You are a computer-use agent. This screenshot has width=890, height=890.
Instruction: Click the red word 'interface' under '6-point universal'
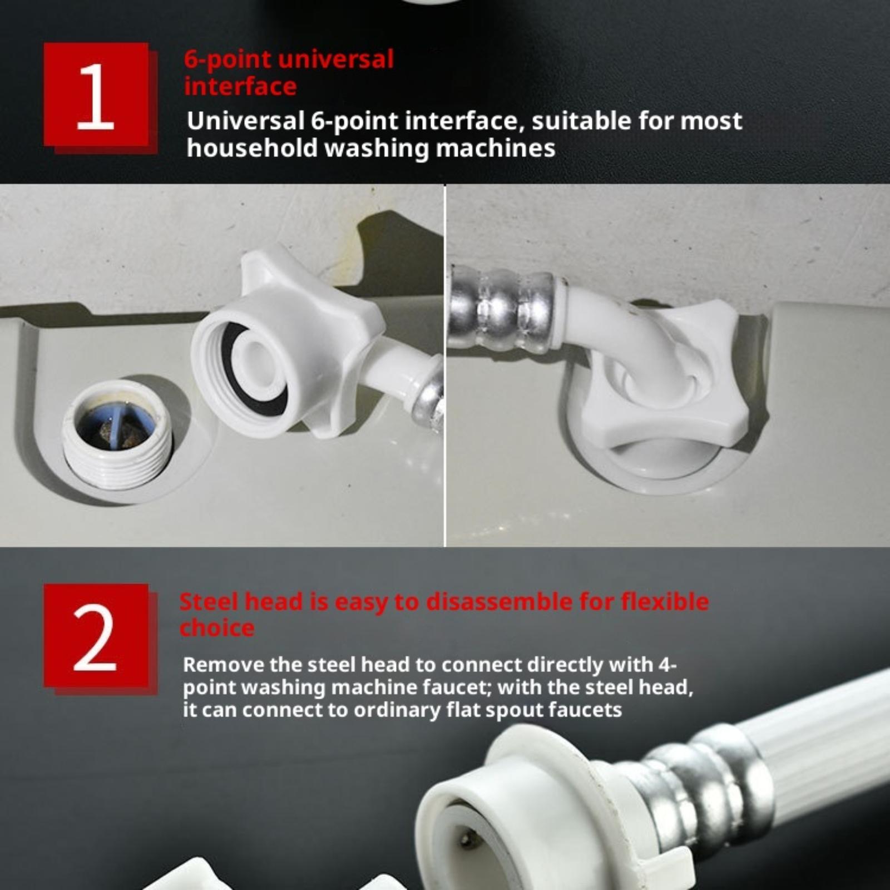(x=240, y=86)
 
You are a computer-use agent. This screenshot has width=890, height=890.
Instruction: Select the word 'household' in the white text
(x=252, y=148)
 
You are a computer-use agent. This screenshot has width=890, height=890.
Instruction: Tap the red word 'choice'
(x=217, y=629)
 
